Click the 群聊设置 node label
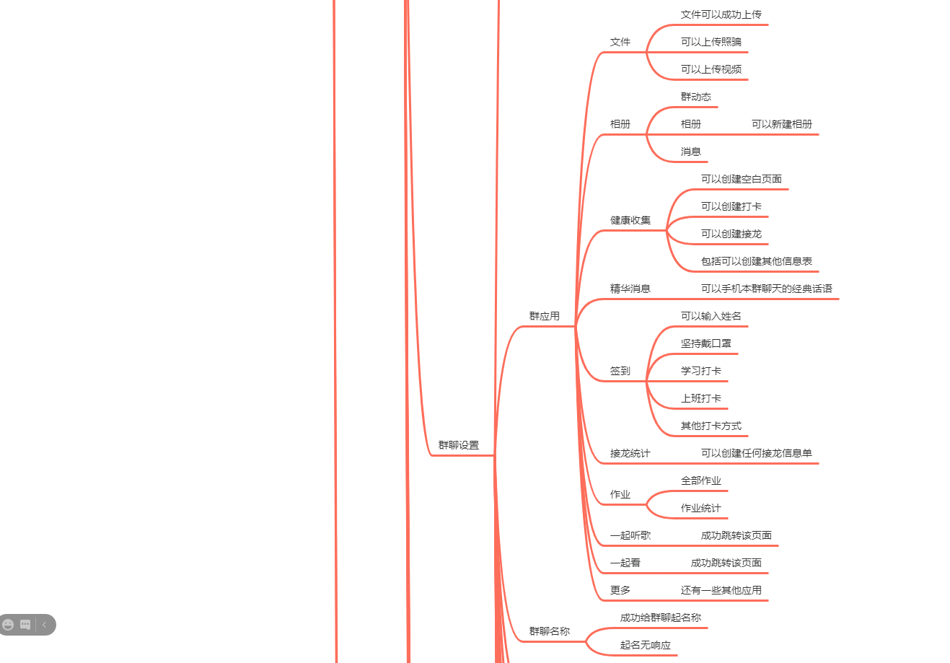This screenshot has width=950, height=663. point(459,445)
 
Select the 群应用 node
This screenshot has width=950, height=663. point(545,316)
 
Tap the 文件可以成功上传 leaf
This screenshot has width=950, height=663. point(721,14)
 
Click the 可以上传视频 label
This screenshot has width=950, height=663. point(711,69)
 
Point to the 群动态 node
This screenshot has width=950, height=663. point(695,97)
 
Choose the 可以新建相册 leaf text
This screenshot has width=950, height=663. point(781,124)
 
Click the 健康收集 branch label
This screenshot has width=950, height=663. point(630,220)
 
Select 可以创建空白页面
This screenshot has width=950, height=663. point(741,179)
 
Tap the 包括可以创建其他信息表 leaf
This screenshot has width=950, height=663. point(756,261)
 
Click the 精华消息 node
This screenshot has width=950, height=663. point(630,289)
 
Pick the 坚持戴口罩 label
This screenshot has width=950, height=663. point(705,343)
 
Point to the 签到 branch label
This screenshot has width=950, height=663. point(620,371)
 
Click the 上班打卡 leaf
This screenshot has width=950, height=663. point(700,398)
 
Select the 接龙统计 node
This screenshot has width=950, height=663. point(630,453)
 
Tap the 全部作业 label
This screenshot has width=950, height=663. point(700,480)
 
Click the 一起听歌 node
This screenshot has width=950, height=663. point(630,535)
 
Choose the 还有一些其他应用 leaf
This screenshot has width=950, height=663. point(721,590)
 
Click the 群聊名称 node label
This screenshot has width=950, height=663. point(549,631)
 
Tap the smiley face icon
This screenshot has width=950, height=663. point(9,625)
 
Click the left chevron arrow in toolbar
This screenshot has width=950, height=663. point(44,625)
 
